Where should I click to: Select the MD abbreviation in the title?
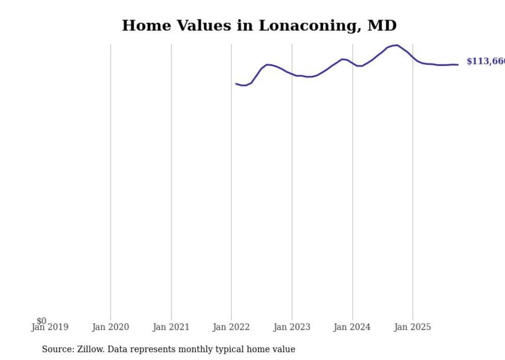382,26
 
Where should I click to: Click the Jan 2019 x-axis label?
49,327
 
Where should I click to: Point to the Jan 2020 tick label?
110,327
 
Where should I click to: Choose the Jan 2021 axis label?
171,327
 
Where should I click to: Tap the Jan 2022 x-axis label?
231,327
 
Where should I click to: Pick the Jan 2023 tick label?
292,327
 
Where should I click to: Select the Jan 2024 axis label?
352,327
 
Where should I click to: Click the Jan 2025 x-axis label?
412,327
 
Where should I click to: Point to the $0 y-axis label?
41,321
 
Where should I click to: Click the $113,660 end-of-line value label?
485,61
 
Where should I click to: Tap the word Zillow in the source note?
91,349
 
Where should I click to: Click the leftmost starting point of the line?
236,83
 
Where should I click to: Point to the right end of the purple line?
458,64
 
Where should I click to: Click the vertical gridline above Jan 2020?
110,180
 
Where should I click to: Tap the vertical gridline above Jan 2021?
171,180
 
